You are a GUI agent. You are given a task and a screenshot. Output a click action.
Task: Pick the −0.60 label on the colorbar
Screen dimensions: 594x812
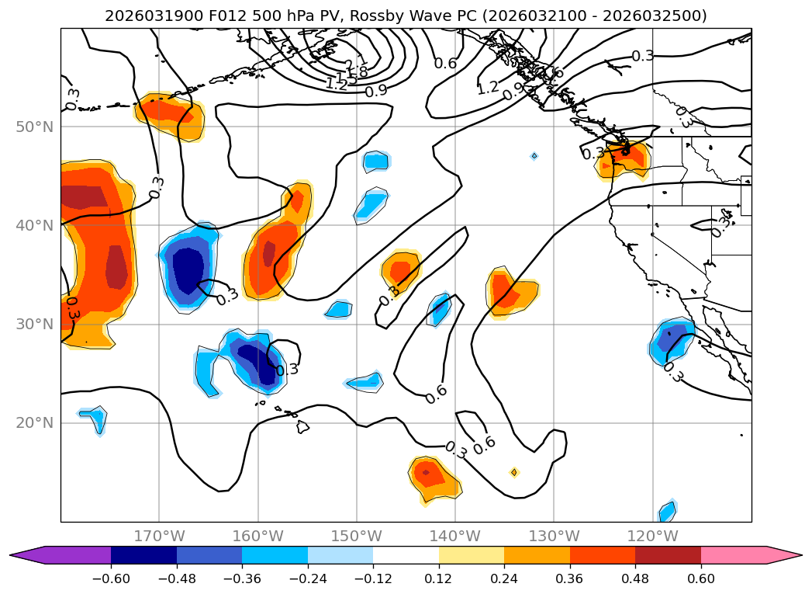pos(111,578)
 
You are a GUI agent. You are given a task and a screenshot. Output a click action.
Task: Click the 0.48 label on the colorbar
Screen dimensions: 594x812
pos(635,578)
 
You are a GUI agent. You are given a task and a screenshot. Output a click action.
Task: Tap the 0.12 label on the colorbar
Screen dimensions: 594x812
pos(439,578)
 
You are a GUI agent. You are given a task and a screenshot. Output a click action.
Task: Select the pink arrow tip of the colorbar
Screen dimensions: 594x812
pos(791,554)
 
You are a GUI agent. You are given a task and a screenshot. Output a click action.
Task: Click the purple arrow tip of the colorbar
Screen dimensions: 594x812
pos(22,554)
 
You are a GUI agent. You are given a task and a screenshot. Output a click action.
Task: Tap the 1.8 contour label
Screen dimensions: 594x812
pos(358,72)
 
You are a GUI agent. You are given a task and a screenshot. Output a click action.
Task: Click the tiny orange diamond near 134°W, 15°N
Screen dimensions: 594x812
pos(514,472)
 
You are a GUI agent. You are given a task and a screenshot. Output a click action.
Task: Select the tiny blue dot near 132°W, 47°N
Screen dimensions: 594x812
pos(534,156)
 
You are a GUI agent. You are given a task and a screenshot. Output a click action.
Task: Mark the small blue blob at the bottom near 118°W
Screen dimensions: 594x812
pos(667,511)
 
